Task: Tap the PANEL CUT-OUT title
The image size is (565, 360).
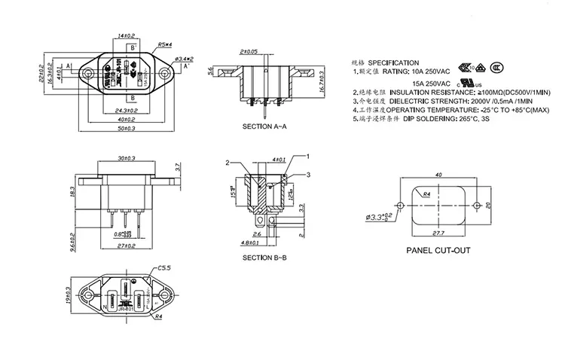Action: click(x=438, y=251)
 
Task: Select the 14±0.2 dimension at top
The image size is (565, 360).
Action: click(x=126, y=35)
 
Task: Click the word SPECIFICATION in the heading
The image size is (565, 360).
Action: click(x=394, y=63)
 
